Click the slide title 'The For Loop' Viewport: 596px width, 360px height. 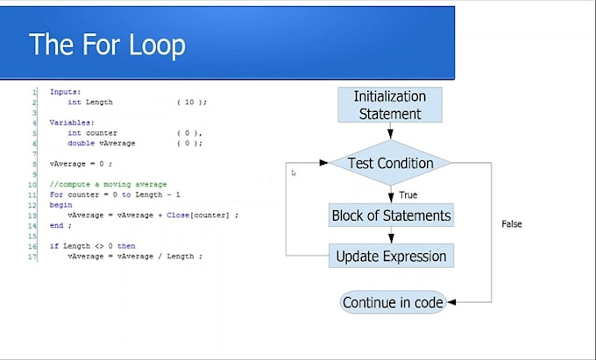click(107, 45)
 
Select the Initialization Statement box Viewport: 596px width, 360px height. click(390, 105)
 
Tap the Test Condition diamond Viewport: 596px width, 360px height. click(390, 163)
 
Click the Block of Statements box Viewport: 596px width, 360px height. click(391, 215)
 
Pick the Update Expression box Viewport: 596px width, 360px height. click(391, 256)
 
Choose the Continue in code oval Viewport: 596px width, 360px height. click(393, 302)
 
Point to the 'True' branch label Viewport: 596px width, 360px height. click(408, 195)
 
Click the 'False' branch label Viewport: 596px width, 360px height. click(512, 224)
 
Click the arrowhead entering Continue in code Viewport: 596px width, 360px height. click(451, 302)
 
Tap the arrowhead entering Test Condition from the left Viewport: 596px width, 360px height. click(323, 163)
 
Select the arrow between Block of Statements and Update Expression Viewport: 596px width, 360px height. click(391, 235)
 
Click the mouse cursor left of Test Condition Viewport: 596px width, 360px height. click(294, 173)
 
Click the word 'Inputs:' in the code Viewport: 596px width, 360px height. click(65, 92)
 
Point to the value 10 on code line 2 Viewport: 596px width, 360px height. click(189, 102)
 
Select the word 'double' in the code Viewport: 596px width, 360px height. click(81, 143)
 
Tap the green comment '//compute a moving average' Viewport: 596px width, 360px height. click(108, 185)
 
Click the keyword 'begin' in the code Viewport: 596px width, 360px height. click(60, 205)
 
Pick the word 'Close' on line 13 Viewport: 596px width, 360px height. click(178, 215)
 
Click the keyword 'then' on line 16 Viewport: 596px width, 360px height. click(126, 246)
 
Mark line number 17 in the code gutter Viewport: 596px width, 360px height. click(32, 257)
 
